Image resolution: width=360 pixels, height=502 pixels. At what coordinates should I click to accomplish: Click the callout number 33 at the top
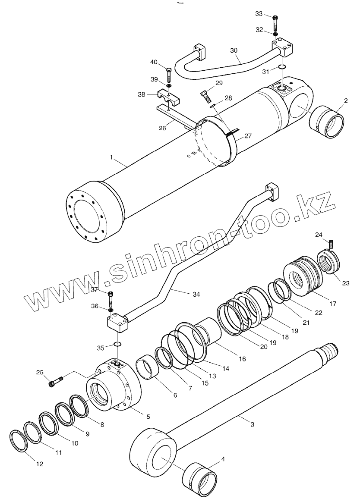pos(259,14)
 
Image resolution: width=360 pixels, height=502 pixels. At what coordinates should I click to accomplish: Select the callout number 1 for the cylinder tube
pos(111,158)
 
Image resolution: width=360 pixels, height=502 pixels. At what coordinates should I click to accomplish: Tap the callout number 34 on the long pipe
pos(196,294)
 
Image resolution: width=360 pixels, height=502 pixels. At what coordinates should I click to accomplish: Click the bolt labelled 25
pos(56,381)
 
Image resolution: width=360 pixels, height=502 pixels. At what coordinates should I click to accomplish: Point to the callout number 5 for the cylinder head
pos(148,417)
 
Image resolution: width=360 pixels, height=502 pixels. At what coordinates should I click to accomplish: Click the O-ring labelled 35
pos(117,344)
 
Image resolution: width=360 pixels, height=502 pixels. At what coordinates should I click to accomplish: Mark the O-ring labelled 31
pos(281,67)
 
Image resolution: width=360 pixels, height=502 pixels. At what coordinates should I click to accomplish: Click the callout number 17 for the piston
pos(332,304)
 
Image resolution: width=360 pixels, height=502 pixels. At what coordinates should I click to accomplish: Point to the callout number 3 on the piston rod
pos(253,424)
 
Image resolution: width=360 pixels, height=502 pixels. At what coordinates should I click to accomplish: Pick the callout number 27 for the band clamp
pos(247,136)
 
